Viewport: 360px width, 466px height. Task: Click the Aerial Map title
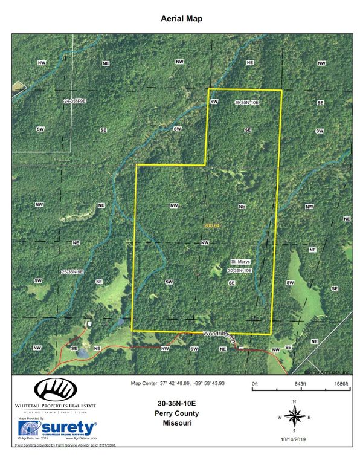click(x=181, y=19)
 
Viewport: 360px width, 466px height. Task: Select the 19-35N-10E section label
click(x=246, y=103)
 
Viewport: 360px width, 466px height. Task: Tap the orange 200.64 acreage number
click(x=214, y=225)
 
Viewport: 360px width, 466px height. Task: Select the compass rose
click(x=294, y=417)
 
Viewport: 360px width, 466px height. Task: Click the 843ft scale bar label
click(x=301, y=384)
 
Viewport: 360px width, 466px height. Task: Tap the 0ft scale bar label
click(x=256, y=384)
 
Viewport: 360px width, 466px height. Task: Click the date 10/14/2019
click(x=294, y=439)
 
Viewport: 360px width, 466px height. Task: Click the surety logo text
click(x=68, y=429)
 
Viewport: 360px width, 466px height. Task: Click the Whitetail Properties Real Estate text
click(x=55, y=406)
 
